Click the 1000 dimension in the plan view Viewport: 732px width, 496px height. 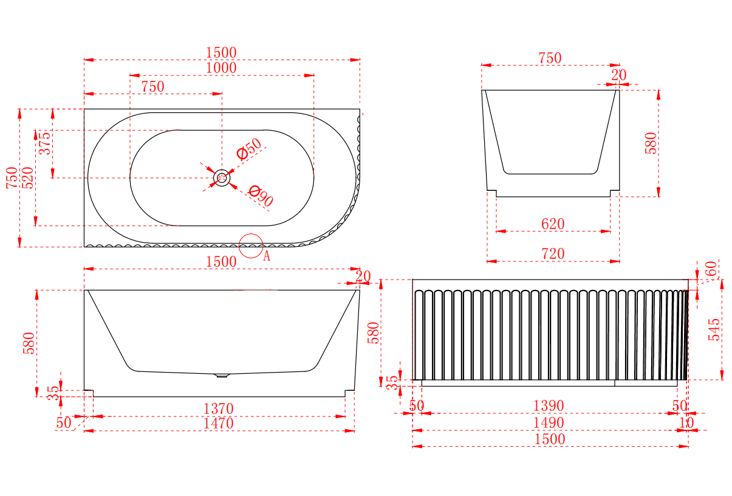pos(221,68)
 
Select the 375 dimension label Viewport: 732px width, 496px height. pos(45,144)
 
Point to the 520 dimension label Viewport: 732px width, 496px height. pos(28,177)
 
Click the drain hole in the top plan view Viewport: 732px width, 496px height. pos(222,178)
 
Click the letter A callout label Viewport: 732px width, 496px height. pos(266,257)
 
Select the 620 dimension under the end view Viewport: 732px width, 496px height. pos(553,224)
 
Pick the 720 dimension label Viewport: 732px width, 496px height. pos(553,254)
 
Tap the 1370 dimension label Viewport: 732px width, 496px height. pos(218,409)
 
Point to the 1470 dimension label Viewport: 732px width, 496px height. pos(218,424)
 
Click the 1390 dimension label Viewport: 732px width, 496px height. pos(549,405)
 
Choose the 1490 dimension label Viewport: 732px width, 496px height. pos(549,422)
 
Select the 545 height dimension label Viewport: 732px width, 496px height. pos(714,329)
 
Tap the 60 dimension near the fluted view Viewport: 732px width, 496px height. pos(710,268)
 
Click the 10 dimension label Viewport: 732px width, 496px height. pos(686,422)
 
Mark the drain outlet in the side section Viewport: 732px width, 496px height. pos(222,376)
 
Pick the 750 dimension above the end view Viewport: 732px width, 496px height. pos(550,58)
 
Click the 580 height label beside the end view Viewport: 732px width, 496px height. pos(651,143)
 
